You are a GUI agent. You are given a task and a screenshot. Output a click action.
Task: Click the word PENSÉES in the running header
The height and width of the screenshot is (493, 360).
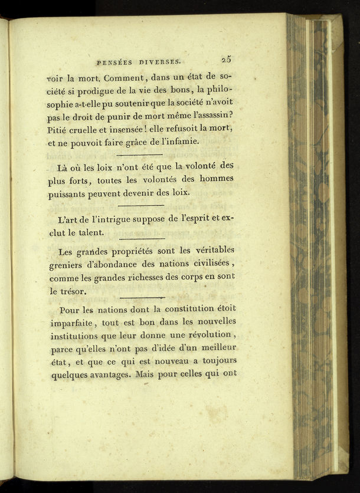(112, 61)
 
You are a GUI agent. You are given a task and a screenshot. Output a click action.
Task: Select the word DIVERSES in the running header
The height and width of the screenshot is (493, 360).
(162, 61)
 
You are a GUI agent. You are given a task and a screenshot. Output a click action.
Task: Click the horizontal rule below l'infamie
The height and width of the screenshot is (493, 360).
(140, 155)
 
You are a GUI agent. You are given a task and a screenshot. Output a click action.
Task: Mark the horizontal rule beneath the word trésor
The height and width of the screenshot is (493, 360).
(142, 298)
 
